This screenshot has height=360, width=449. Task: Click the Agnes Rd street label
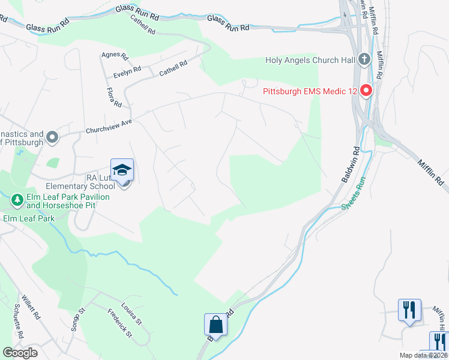(x=115, y=56)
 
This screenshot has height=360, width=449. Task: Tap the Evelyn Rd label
(x=127, y=73)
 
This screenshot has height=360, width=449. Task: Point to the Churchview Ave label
(x=109, y=127)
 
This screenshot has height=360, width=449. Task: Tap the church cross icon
(x=364, y=59)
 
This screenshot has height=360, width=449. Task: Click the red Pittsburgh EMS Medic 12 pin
(x=366, y=92)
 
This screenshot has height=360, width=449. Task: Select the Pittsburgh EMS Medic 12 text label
(x=310, y=92)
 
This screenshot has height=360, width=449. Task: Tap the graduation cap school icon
(x=122, y=170)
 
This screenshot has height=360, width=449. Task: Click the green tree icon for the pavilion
(x=17, y=199)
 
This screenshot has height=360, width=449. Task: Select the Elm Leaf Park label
(x=29, y=218)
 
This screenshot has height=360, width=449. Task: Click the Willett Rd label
(x=31, y=306)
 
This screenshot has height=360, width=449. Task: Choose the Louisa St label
(x=131, y=313)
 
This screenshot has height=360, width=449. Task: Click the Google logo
(x=20, y=353)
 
